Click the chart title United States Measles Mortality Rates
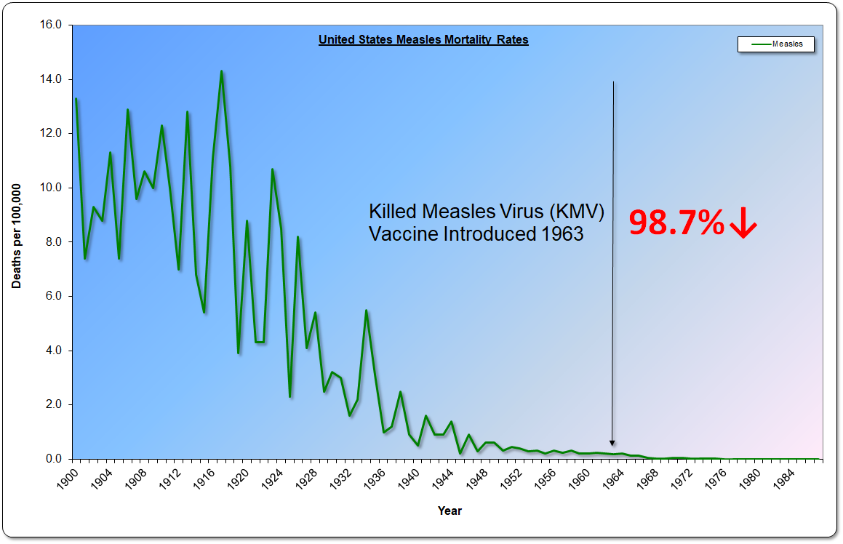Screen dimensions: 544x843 (423, 40)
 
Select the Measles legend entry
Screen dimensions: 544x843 (776, 44)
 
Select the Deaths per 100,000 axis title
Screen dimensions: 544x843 (16, 236)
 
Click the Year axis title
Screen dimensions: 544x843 (450, 511)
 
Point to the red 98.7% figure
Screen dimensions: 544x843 (676, 223)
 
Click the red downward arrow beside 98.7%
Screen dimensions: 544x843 (743, 223)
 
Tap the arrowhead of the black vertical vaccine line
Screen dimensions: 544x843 (612, 442)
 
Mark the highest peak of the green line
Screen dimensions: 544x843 (221, 71)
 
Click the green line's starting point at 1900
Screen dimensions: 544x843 (76, 99)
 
